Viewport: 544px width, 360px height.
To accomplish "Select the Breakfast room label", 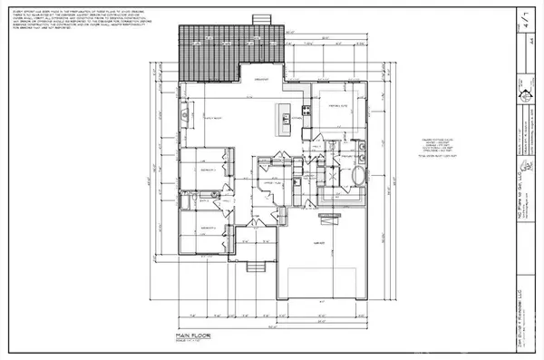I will tap(263, 79).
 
